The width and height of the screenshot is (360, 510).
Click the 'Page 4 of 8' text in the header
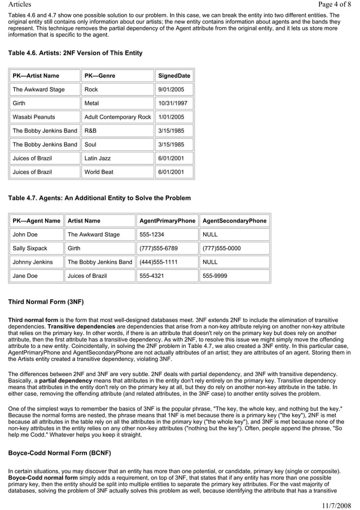335,5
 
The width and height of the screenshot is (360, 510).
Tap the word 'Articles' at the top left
20,5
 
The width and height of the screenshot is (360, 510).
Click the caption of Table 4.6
75,53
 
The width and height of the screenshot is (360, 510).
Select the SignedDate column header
174,76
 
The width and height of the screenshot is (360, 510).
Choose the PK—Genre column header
100,76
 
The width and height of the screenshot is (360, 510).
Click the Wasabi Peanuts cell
34,117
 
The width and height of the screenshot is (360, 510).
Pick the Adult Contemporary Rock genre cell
117,117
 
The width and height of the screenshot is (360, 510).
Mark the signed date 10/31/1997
173,103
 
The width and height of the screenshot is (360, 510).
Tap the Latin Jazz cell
98,158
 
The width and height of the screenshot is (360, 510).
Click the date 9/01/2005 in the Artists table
171,89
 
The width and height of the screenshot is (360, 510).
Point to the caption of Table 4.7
99,198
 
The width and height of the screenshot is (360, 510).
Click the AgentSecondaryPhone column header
234,221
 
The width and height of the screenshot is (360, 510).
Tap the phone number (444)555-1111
159,262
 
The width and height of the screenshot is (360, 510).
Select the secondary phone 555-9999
215,276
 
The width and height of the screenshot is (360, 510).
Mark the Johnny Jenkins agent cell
33,262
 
